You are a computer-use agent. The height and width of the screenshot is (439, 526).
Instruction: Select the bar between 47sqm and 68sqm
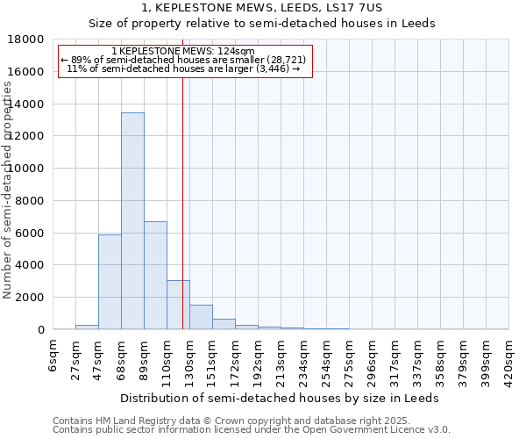pyautogui.click(x=110, y=282)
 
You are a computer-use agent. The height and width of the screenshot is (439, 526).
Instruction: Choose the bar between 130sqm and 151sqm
pyautogui.click(x=201, y=317)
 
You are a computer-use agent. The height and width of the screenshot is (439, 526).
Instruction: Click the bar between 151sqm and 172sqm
pyautogui.click(x=224, y=324)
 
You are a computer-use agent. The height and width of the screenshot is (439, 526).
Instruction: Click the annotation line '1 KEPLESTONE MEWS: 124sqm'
pyautogui.click(x=184, y=52)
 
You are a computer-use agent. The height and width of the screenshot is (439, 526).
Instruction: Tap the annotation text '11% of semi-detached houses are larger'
pyautogui.click(x=184, y=68)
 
